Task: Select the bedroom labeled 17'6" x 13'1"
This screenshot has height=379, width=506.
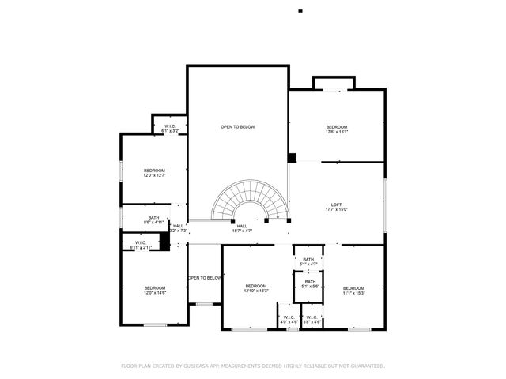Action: [x=337, y=129]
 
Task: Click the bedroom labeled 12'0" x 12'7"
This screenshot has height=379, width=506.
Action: [x=154, y=173]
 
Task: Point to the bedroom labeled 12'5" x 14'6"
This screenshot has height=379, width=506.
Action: [x=154, y=290]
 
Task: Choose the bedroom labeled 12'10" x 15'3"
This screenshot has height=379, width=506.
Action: [x=256, y=288]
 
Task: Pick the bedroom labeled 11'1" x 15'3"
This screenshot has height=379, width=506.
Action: [x=353, y=290]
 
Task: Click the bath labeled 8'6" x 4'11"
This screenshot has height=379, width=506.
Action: [x=154, y=220]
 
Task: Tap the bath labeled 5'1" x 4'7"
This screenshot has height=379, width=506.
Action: [x=308, y=261]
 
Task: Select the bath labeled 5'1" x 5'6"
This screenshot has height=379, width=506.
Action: [x=310, y=284]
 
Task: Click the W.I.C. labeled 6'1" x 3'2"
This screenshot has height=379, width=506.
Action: [x=170, y=129]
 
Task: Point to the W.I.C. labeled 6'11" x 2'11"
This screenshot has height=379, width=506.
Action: [x=141, y=245]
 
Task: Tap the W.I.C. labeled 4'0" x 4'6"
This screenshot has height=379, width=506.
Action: [x=289, y=320]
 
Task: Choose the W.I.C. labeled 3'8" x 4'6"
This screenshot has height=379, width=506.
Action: [x=312, y=320]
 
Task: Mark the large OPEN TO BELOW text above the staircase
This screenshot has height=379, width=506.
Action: [x=237, y=127]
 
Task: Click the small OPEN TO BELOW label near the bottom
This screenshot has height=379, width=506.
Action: [x=205, y=278]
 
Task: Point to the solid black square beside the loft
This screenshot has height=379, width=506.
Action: [x=292, y=158]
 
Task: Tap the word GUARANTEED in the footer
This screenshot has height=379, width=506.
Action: [x=364, y=366]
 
